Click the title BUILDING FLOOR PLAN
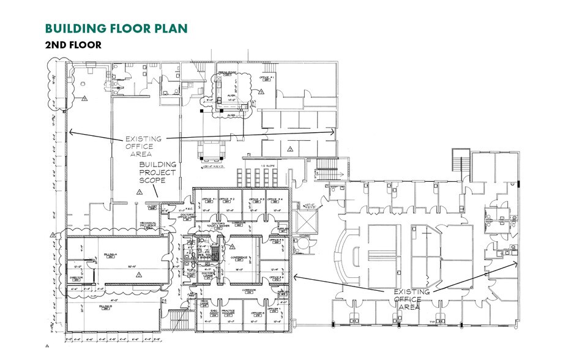[116, 28]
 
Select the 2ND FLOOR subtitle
[73, 45]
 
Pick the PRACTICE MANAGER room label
[228, 313]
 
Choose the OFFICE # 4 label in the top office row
[274, 200]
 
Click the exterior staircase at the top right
[460, 162]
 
